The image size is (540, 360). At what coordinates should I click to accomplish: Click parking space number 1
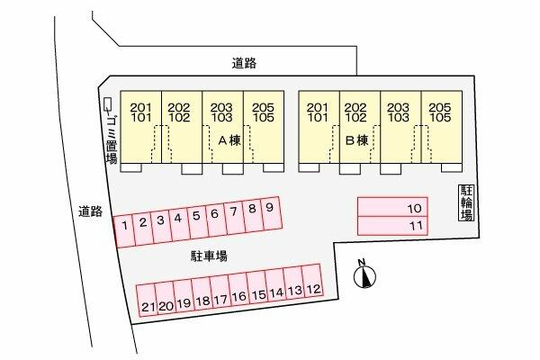pos(122,225)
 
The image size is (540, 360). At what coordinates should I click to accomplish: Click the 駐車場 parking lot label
pos(208,256)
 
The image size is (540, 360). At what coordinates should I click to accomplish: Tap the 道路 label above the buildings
pos(245,63)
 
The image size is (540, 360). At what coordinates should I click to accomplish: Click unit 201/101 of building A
pos(140,111)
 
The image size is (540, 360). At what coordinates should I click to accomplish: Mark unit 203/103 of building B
pos(400,111)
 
